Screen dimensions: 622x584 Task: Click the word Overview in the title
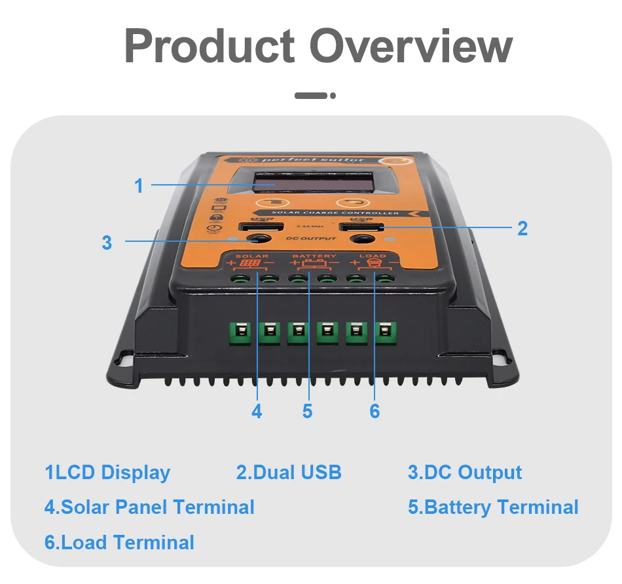(x=411, y=47)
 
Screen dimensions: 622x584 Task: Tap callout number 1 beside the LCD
(x=139, y=185)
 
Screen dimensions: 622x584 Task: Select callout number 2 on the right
(x=522, y=228)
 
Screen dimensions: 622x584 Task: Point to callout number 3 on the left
(x=107, y=243)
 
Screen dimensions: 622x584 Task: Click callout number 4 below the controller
(x=257, y=411)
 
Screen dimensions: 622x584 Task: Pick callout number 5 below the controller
(x=308, y=411)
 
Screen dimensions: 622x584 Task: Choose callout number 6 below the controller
(x=375, y=411)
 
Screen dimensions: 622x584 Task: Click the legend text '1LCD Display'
(x=107, y=473)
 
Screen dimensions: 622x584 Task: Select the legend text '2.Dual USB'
(x=289, y=473)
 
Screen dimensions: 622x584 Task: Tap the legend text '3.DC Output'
(x=465, y=473)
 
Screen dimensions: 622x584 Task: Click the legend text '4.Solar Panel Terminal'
(x=149, y=507)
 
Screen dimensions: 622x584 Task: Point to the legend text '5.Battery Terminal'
(x=493, y=507)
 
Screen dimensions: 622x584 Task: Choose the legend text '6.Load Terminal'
(x=119, y=543)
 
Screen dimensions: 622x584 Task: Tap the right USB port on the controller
(x=358, y=228)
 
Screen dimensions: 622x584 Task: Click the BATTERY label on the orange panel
(x=314, y=256)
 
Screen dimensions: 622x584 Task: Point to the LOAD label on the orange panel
(x=373, y=256)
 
